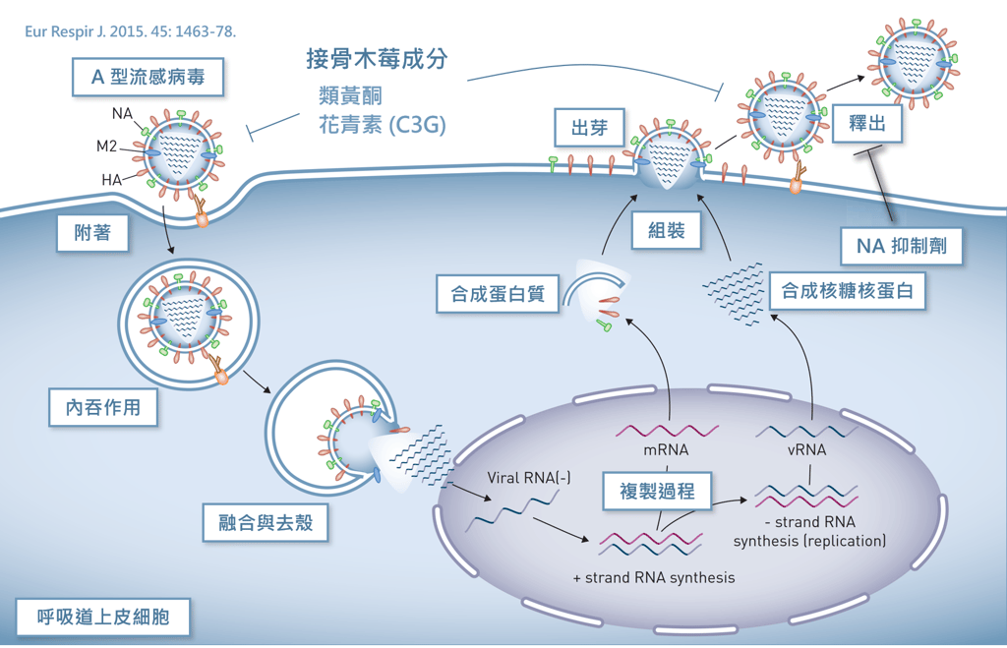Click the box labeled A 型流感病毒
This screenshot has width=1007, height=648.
(148, 77)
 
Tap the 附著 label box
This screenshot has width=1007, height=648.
(92, 234)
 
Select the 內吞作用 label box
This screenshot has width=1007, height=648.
(103, 406)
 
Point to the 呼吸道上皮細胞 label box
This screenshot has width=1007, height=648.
(102, 618)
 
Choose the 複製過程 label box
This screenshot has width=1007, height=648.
(657, 491)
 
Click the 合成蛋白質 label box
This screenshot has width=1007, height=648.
(498, 293)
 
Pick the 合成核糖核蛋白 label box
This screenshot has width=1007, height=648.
(848, 292)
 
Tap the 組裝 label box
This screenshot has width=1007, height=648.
(666, 231)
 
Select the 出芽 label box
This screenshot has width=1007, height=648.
(588, 129)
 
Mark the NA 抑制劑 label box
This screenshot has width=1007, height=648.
(902, 246)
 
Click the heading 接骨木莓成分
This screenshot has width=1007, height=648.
(377, 59)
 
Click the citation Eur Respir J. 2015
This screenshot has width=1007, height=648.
(131, 30)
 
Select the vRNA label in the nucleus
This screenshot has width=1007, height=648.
(806, 450)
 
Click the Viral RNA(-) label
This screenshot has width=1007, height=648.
(529, 479)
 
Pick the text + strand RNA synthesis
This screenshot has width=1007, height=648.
(653, 577)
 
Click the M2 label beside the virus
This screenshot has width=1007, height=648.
(107, 147)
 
